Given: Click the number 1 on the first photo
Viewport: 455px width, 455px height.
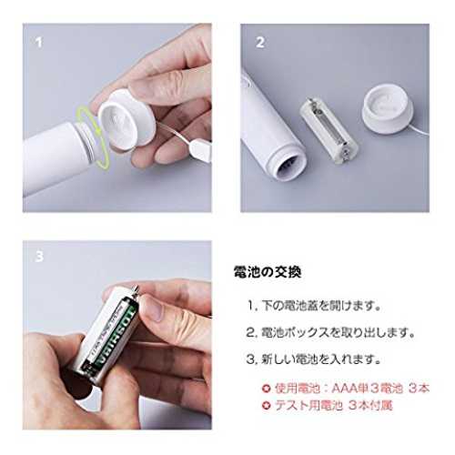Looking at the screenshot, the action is [38, 43].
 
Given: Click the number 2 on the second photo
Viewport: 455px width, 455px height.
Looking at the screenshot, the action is [260, 43].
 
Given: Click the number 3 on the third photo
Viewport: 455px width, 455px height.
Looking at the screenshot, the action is [39, 257].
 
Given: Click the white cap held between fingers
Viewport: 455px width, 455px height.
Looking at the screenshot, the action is [126, 120].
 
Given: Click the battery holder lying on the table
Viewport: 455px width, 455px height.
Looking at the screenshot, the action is [329, 130].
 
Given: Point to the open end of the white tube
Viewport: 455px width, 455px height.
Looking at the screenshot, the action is [289, 165].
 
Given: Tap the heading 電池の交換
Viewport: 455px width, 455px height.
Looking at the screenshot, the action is [268, 272].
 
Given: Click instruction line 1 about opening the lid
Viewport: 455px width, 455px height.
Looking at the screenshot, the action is [314, 306].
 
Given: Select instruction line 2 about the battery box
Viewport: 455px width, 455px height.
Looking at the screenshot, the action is [330, 333].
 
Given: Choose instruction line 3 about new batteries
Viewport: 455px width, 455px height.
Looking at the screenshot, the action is [314, 359].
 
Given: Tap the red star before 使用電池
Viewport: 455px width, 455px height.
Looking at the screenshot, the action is [267, 389].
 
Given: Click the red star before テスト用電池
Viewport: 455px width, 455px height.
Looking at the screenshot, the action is [267, 406].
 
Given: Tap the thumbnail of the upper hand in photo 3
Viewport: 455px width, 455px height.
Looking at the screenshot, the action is [154, 308].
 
